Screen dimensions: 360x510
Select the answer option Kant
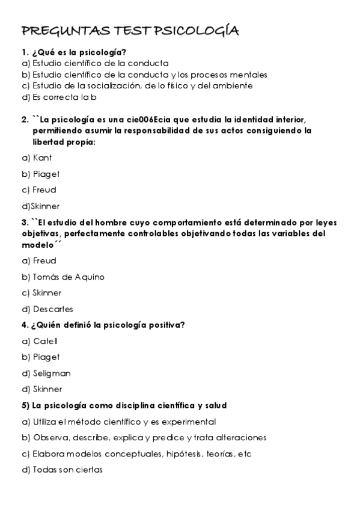42,158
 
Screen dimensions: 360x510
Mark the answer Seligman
52,373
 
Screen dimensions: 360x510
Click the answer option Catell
46,341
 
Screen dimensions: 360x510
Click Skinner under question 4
47,389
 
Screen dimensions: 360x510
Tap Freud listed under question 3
44,260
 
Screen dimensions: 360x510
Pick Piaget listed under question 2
46,174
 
